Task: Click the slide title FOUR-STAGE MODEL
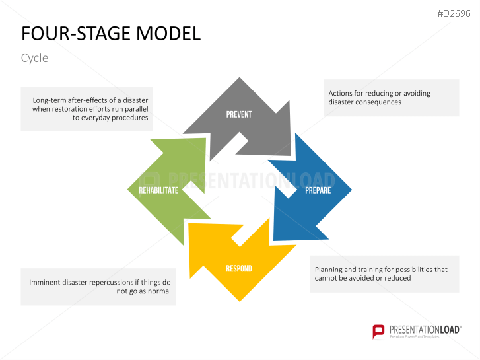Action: point(111,34)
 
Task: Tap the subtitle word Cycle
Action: point(34,58)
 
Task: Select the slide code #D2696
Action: point(455,13)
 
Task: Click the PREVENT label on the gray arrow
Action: point(238,114)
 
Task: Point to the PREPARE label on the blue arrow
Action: point(318,190)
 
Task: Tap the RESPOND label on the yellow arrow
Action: point(238,269)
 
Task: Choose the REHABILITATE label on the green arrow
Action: point(158,190)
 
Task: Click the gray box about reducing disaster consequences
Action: point(391,98)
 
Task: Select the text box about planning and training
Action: point(384,273)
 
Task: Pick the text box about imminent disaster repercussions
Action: point(98,287)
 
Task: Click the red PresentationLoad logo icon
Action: point(378,331)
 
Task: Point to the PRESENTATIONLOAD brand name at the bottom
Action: point(424,328)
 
